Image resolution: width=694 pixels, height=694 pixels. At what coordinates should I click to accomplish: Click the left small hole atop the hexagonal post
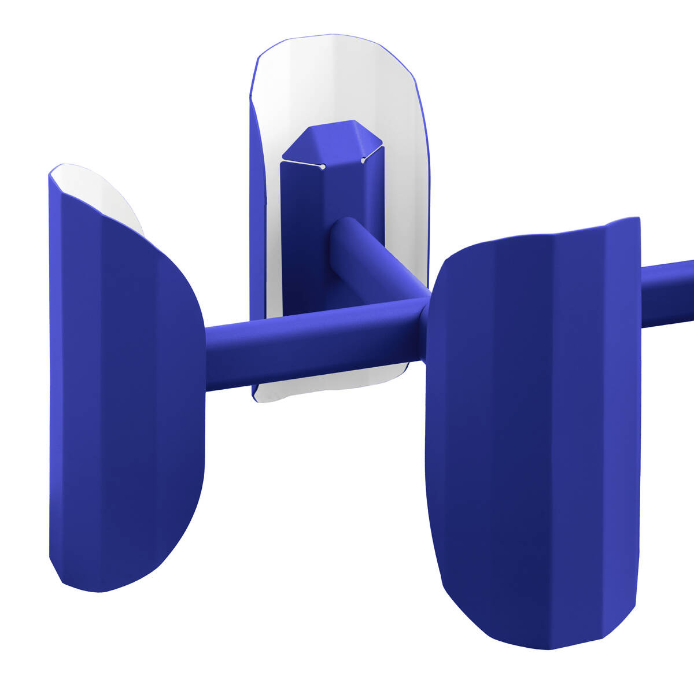(323, 167)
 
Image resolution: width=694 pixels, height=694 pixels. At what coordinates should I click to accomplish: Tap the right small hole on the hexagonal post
(363, 160)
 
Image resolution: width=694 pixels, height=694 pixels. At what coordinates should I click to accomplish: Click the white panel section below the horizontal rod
(324, 385)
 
